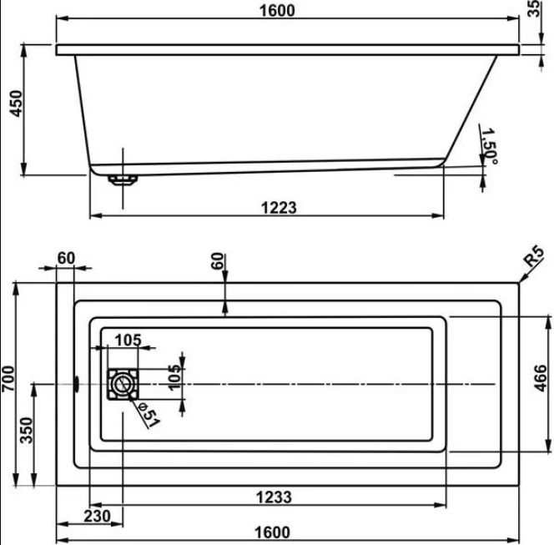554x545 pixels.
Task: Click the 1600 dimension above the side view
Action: pyautogui.click(x=277, y=10)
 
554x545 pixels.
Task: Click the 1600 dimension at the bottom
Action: pyautogui.click(x=272, y=532)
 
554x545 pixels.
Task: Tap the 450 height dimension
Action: pyautogui.click(x=16, y=103)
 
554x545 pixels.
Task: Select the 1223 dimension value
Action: pyautogui.click(x=279, y=208)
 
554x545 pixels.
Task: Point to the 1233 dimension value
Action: pyautogui.click(x=274, y=497)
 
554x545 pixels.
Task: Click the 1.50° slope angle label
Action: pyautogui.click(x=490, y=146)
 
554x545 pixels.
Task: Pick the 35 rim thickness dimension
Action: pyautogui.click(x=536, y=8)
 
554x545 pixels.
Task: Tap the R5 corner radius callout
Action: pyautogui.click(x=534, y=257)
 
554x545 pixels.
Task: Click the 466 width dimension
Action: pyautogui.click(x=540, y=378)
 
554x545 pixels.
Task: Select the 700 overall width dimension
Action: pyautogui.click(x=8, y=379)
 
